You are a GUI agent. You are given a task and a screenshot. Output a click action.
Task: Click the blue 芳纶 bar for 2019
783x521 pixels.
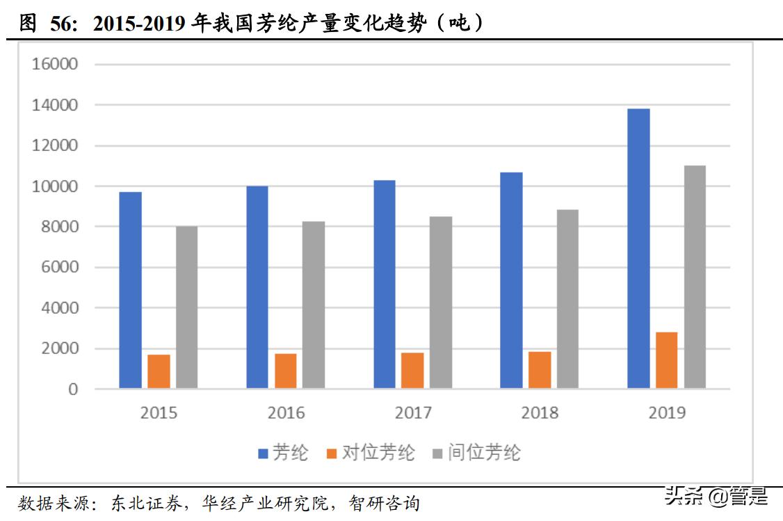(x=638, y=248)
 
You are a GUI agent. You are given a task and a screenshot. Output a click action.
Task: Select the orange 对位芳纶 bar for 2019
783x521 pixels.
(x=666, y=360)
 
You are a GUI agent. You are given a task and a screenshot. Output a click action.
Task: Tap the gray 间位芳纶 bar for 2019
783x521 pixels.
(x=695, y=276)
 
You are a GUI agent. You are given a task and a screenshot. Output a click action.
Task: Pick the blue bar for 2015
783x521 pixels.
(x=130, y=289)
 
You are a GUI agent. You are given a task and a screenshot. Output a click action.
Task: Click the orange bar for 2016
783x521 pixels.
(x=286, y=371)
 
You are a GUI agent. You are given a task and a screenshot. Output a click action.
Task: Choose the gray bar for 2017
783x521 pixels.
(x=441, y=302)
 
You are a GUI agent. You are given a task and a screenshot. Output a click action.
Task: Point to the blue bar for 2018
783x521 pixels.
(x=511, y=280)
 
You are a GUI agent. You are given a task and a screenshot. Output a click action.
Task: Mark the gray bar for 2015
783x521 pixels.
(x=186, y=307)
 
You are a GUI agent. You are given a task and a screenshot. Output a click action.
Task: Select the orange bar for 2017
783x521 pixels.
(x=412, y=370)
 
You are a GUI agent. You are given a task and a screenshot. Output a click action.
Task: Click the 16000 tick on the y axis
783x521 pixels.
(x=55, y=65)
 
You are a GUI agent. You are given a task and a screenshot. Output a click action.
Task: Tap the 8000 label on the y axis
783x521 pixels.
(x=60, y=227)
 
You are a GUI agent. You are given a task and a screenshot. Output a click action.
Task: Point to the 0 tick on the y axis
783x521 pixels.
(x=73, y=390)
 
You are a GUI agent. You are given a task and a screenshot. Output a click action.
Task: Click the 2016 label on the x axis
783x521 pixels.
(x=286, y=413)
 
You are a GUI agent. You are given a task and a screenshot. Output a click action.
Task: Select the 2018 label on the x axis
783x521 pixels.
(x=540, y=413)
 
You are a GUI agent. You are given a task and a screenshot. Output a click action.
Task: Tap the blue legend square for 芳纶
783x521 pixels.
(x=264, y=454)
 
